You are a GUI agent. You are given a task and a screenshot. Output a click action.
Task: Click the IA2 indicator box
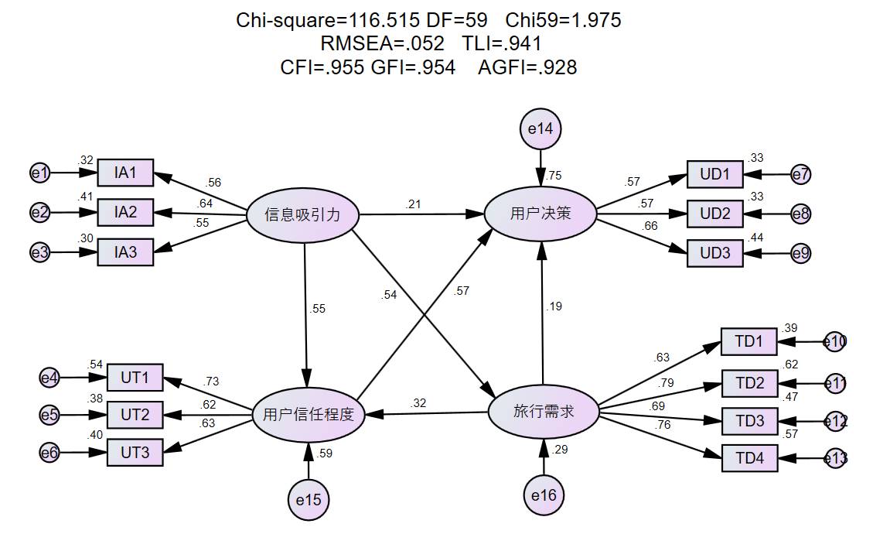coord(125,211)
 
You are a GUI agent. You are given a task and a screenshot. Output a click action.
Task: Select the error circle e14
coord(541,129)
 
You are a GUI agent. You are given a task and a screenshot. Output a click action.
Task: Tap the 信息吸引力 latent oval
coord(302,214)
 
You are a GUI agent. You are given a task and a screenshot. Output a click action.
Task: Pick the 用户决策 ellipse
coord(541,214)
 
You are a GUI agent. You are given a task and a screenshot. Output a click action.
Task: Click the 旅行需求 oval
coord(544,412)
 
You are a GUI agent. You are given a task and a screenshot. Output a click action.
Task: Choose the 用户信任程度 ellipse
coord(308,415)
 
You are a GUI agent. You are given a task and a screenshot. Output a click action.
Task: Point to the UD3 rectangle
coord(715,253)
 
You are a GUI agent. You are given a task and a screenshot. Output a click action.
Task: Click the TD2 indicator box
coord(749,382)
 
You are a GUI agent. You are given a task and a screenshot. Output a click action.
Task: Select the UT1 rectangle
coord(135,378)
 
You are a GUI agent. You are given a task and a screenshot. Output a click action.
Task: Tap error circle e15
coord(309,500)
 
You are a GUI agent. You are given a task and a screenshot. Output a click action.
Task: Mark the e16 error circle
coord(544,495)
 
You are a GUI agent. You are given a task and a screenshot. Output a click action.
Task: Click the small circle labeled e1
coord(39,173)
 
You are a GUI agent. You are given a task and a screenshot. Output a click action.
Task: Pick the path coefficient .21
coord(414,204)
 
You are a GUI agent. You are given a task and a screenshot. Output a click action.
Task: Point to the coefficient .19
coord(554,306)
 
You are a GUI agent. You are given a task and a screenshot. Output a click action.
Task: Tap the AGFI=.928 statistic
coord(527,67)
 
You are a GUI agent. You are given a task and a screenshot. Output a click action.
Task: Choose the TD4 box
coord(749,458)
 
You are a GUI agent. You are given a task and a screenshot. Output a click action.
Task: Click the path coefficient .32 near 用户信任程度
coord(418,402)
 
